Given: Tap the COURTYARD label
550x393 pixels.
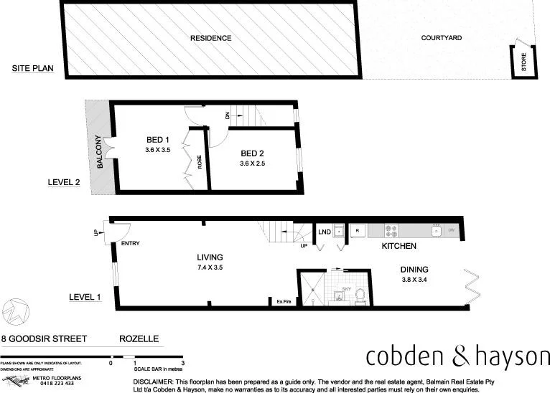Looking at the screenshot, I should tap(441, 38).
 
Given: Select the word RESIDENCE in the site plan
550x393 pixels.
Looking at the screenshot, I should tap(210, 38).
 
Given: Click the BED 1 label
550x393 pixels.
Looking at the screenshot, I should tap(157, 139).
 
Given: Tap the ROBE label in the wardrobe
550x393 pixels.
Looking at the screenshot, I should tap(200, 162).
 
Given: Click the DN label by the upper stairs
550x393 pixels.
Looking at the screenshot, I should tap(228, 115).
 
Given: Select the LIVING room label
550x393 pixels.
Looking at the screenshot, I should tap(210, 257).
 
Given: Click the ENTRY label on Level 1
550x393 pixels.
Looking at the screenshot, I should tap(131, 243).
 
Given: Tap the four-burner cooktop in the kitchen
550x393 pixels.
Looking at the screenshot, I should tap(393, 231).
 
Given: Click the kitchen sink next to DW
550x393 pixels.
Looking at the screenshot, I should tap(435, 231).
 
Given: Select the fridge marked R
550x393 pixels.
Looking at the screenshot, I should tap(357, 231).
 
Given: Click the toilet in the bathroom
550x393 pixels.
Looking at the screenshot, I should tap(361, 294).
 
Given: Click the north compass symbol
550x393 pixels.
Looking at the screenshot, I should tap(16, 312).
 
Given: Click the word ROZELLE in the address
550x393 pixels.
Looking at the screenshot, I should tap(139, 337).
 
